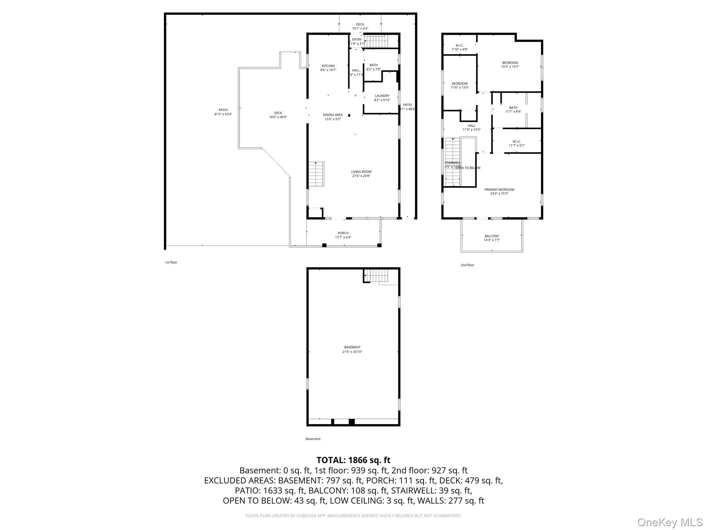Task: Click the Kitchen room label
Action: (328, 66)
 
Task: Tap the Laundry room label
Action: (382, 96)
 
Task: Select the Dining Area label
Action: (332, 115)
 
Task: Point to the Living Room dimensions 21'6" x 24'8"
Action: (361, 176)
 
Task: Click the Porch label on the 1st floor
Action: (343, 233)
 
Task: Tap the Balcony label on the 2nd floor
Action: (492, 236)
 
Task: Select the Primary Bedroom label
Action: (499, 190)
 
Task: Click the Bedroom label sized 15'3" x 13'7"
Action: (510, 63)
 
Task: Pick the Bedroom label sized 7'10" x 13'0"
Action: (459, 84)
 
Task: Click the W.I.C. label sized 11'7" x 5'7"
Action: (516, 141)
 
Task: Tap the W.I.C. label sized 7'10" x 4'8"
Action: (459, 46)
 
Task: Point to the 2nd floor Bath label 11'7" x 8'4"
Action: (513, 108)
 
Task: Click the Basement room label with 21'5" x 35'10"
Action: (352, 347)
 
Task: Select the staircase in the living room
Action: (316, 174)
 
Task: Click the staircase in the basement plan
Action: (377, 275)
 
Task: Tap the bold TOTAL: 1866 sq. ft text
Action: (353, 460)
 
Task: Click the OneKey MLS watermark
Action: (670, 522)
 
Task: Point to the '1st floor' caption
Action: (171, 263)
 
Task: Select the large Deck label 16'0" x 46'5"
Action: (278, 113)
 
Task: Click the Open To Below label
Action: (468, 168)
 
